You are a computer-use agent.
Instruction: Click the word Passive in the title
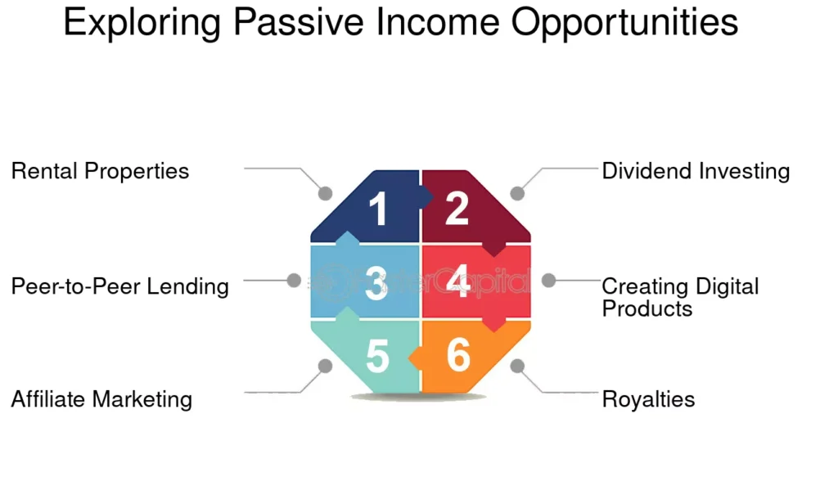point(299,21)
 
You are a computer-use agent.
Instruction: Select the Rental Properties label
point(100,171)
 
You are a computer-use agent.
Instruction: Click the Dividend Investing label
point(696,171)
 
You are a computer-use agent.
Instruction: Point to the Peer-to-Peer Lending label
point(119,286)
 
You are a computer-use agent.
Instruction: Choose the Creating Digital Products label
point(680,297)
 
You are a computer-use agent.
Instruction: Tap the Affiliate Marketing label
point(101,399)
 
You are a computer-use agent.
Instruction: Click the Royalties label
point(648,399)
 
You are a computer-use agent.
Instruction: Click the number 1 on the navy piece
point(378,209)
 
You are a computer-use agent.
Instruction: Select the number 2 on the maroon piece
point(457,208)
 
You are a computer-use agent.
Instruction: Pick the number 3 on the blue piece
point(376,282)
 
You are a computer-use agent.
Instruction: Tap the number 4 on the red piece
point(458,281)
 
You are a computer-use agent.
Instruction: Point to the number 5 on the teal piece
point(377,356)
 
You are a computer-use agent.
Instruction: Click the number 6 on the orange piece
point(458,354)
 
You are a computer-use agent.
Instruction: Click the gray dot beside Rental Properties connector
point(325,193)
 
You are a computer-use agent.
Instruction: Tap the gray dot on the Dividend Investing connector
point(517,193)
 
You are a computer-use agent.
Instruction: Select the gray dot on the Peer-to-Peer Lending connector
point(294,280)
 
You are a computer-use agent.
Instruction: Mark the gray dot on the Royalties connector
point(517,366)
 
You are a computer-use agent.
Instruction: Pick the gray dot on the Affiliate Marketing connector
point(325,366)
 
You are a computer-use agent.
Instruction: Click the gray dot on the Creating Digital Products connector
point(548,280)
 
